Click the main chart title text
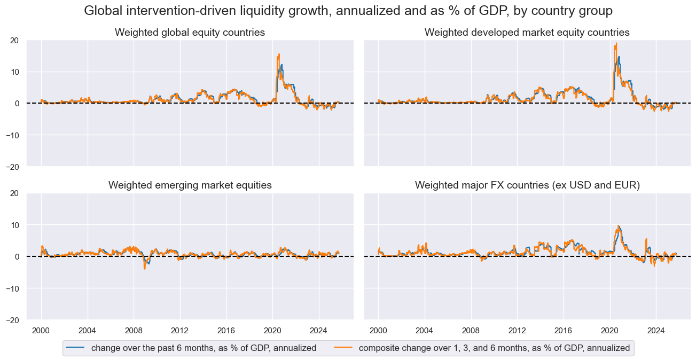[x=348, y=11]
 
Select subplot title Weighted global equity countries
[x=190, y=33]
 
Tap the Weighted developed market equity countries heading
[x=527, y=33]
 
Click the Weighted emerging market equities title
[x=190, y=185]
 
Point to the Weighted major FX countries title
[x=527, y=185]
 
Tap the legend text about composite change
[x=494, y=348]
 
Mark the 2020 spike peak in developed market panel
[x=616, y=43]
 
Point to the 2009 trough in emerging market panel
[x=144, y=268]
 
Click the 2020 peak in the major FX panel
[x=618, y=226]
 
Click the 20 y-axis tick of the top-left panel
[x=15, y=40]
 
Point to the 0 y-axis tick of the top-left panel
[x=17, y=103]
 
